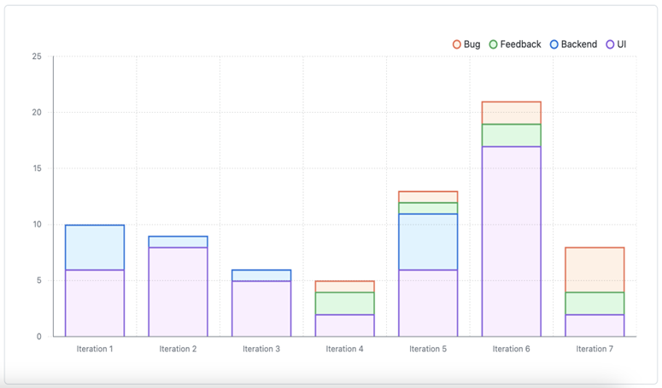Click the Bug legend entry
pos(466,44)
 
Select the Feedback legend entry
pos(515,44)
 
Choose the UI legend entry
pos(616,44)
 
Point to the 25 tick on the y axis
pos(37,57)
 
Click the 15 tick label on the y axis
pos(37,169)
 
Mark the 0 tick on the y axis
pos(38,337)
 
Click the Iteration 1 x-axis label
pos(94,349)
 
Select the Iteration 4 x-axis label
pos(344,349)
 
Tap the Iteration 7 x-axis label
pos(595,349)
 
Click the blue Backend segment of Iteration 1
pos(95,247)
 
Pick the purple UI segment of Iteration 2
pos(178,291)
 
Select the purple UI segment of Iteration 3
pos(261,309)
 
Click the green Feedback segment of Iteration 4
pos(344,303)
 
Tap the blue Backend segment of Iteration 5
pos(428,242)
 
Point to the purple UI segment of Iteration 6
pos(511,241)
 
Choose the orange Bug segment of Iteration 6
pos(511,113)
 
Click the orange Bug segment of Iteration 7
pos(595,269)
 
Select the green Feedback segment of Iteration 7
pos(595,303)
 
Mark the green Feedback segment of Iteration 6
pos(511,135)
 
